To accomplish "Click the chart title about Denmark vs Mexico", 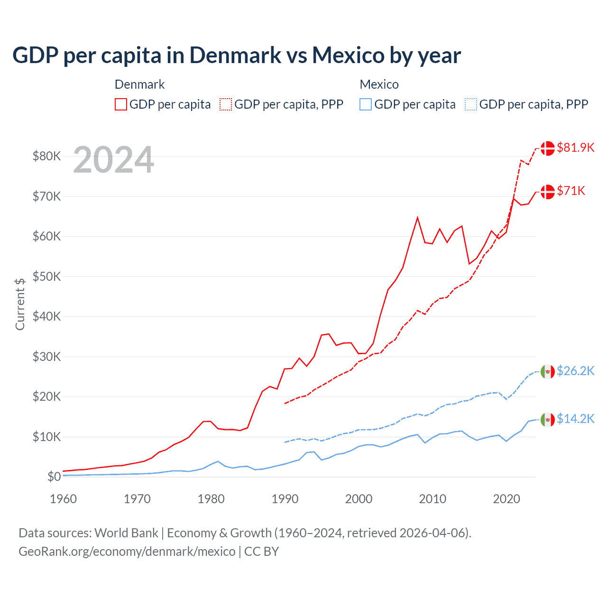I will click(x=236, y=55).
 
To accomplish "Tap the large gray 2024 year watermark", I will click(x=114, y=160).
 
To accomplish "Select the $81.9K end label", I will click(x=575, y=147).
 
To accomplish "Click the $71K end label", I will click(x=571, y=191).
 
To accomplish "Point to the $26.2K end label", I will click(x=575, y=371).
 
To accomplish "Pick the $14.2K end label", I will click(x=575, y=419).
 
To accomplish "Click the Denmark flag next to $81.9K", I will click(x=548, y=148).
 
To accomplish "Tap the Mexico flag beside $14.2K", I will click(x=548, y=419).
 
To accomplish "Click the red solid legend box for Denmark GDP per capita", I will click(x=121, y=104).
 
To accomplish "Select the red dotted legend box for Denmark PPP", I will click(x=226, y=104).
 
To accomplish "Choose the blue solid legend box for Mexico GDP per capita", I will click(x=366, y=104).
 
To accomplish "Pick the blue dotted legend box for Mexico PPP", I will click(x=471, y=104).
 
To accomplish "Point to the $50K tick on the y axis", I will click(x=46, y=276).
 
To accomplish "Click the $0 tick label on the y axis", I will click(x=54, y=477).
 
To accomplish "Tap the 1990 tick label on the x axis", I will click(x=285, y=499).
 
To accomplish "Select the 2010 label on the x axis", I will click(x=432, y=499).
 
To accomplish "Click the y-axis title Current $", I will click(x=20, y=304).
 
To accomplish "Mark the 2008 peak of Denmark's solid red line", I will click(x=417, y=218).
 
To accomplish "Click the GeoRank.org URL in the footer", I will click(x=127, y=552).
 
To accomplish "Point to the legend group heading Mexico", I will click(x=379, y=84).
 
